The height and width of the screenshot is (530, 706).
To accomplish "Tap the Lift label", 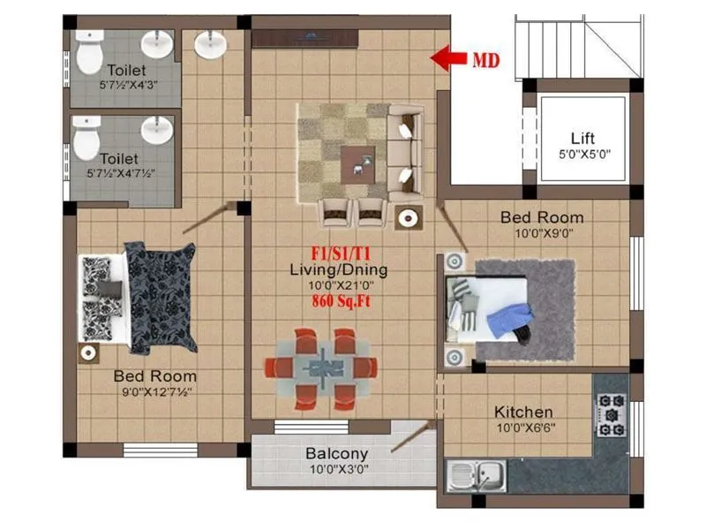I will click(582, 139).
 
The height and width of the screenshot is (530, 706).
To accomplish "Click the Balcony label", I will click(336, 453).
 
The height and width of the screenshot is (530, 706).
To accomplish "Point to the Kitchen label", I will click(523, 412).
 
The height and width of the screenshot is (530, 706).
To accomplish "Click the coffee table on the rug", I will click(357, 162).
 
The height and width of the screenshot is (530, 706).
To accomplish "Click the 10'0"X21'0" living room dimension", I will click(340, 285).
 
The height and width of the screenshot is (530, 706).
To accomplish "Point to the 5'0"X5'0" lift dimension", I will click(582, 154).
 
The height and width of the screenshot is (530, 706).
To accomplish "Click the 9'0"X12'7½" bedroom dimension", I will click(154, 390).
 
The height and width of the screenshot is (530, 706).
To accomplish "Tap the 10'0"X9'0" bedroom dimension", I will click(542, 233).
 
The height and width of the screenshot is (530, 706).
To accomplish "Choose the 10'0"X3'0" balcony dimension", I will click(336, 469).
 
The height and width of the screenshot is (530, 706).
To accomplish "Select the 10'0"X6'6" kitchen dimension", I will click(523, 428).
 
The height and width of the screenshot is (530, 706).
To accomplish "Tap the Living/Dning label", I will click(340, 269).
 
